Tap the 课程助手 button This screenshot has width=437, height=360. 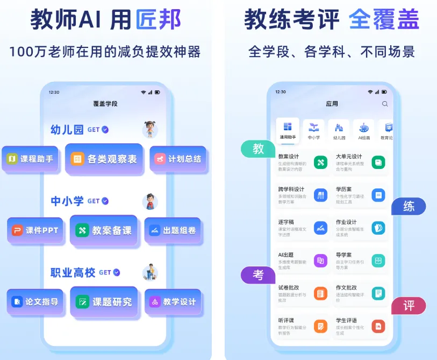(30, 159)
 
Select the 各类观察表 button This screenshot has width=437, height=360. (104, 159)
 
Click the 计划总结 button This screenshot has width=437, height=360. (177, 159)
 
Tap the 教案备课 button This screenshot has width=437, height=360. (104, 230)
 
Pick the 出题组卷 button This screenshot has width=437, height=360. (173, 230)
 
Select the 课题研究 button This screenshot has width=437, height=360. (104, 302)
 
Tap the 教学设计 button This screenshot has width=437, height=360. (173, 302)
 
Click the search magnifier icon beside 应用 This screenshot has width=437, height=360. (384, 104)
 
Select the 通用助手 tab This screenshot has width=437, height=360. (288, 130)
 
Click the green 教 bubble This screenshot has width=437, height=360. (259, 149)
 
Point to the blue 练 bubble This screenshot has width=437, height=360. (409, 206)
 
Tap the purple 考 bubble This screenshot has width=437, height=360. (259, 274)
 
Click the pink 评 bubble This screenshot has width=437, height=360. (409, 306)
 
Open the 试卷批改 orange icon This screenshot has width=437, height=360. (320, 293)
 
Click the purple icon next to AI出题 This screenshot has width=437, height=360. (320, 260)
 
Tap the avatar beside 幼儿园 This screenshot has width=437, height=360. (150, 130)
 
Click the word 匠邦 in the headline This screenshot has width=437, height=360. (159, 20)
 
